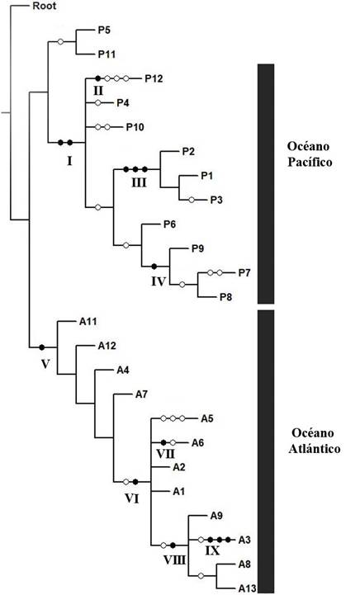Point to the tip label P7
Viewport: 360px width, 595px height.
pos(244,272)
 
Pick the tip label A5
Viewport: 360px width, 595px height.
pos(208,418)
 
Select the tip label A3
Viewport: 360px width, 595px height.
pos(244,541)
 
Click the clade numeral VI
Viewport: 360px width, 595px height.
pos(131,498)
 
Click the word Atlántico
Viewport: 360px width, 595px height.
pos(313,451)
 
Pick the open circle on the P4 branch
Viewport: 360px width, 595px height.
pos(98,103)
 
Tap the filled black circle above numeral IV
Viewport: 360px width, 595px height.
pos(154,266)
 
